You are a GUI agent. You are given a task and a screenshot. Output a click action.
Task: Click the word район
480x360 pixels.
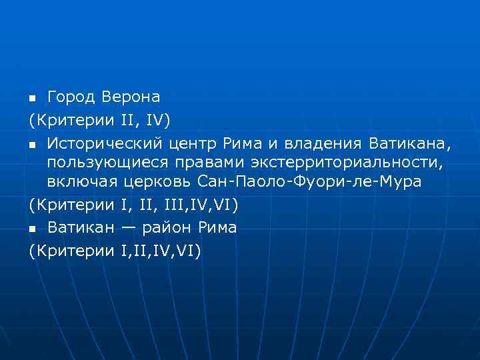165,228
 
